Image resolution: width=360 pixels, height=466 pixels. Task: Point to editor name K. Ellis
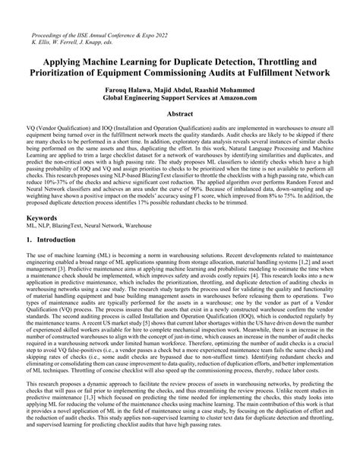tap(39, 43)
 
